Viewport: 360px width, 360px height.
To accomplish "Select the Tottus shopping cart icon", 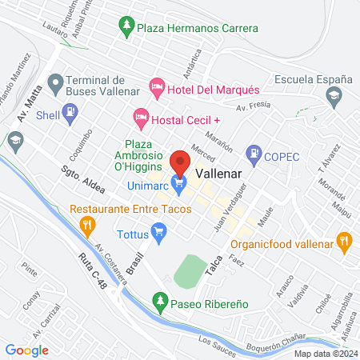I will click(159, 234).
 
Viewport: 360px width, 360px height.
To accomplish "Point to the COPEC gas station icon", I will click(254, 150).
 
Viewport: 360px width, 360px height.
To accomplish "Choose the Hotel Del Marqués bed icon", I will click(157, 85).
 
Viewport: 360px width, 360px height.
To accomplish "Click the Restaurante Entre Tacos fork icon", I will click(86, 226).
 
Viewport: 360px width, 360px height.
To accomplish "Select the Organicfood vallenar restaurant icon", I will click(345, 238).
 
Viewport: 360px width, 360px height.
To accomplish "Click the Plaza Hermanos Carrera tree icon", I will click(126, 27).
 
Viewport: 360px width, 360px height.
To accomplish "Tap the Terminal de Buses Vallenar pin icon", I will click(55, 82).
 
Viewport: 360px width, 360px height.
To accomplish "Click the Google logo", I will click(26, 350).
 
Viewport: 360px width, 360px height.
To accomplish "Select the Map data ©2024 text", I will click(325, 354).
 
